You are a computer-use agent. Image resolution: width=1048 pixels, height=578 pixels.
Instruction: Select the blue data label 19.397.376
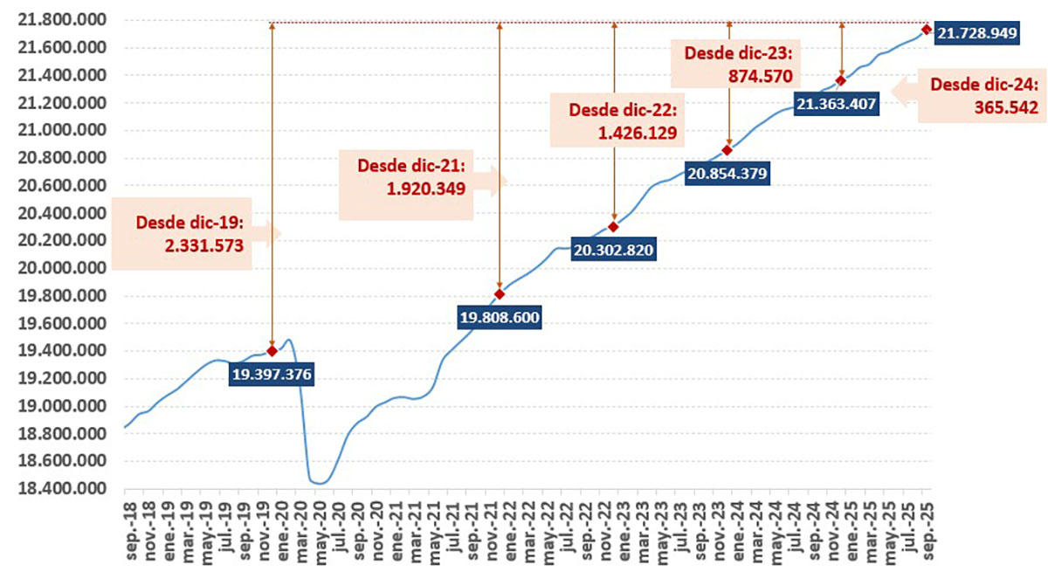tap(272, 375)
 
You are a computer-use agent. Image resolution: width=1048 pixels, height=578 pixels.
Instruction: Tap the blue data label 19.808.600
tap(500, 318)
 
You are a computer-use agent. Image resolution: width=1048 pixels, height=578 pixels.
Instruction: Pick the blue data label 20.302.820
tap(614, 251)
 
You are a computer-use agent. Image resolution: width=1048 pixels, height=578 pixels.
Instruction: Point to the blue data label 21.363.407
tap(836, 104)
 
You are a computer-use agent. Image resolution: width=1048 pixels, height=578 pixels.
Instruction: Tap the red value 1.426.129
tap(639, 134)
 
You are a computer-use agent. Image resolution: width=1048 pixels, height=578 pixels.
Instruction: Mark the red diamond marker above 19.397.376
tap(272, 351)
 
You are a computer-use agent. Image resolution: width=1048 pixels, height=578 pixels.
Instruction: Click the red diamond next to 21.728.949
tap(926, 30)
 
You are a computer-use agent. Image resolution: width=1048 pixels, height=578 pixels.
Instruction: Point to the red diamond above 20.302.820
tap(614, 227)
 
